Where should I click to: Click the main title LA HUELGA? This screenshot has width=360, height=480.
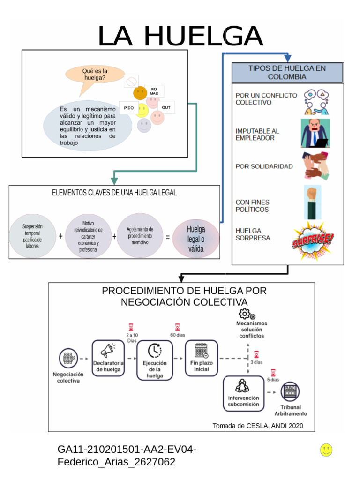tap(180, 36)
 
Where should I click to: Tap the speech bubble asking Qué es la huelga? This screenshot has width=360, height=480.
tap(95, 75)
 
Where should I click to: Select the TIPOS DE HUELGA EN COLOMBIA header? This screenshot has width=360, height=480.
tap(287, 73)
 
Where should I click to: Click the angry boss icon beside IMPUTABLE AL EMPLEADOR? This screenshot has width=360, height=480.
tap(315, 133)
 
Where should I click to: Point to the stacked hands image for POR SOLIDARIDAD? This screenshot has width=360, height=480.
tap(315, 166)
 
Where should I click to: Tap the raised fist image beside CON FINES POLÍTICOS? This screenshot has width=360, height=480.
tap(312, 202)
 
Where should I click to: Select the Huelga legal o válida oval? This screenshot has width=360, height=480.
tap(196, 239)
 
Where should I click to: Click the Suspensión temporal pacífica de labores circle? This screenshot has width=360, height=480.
tap(32, 236)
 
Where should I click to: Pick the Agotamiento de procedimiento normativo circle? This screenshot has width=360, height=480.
tap(140, 236)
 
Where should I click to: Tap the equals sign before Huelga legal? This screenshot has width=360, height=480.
tap(167, 237)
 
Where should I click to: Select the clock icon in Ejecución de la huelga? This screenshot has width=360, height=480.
tap(154, 351)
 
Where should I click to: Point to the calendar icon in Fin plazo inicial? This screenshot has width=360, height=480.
tap(202, 351)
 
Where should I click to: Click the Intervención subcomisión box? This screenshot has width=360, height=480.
tap(243, 394)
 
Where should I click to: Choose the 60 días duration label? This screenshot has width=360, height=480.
tap(178, 335)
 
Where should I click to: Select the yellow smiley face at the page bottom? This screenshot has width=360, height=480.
tap(326, 450)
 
